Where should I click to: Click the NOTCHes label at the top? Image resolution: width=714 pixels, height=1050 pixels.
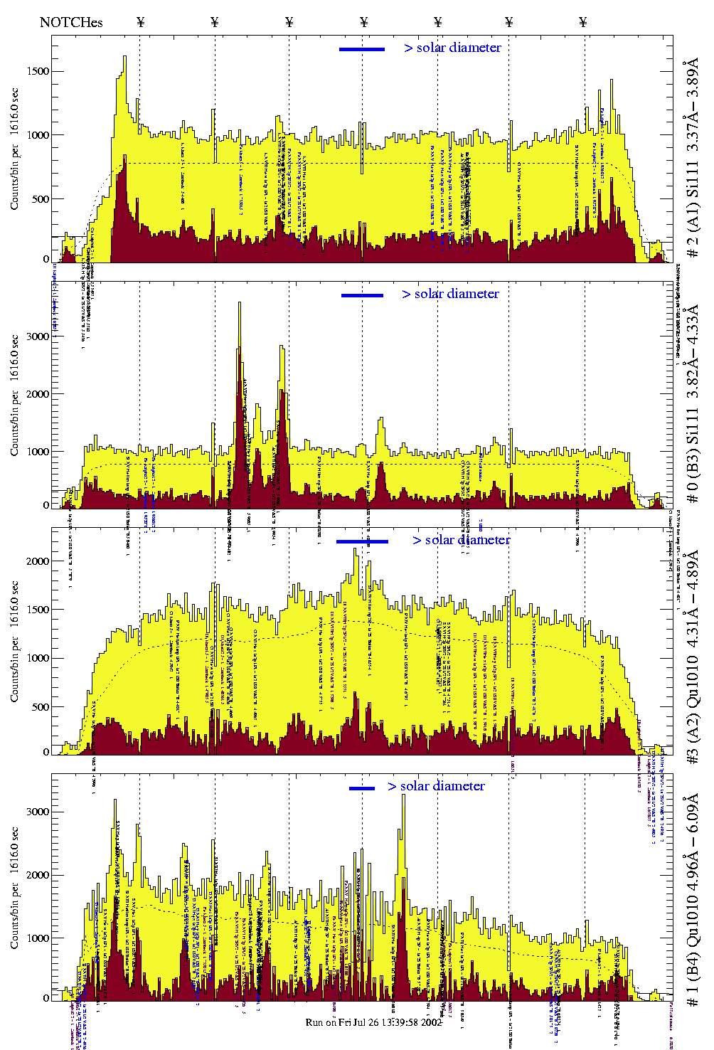point(71,22)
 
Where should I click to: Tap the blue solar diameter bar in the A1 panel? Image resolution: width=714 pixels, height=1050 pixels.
point(362,49)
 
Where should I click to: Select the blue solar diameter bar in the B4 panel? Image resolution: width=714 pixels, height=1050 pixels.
point(362,788)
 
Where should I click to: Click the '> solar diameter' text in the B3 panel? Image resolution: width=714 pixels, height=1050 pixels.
point(450,294)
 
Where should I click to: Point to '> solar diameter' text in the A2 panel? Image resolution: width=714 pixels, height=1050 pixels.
point(461,540)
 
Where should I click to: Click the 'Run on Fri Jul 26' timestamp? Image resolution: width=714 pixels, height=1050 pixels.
point(374,1022)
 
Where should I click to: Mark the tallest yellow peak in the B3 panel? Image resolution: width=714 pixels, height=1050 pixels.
point(240,304)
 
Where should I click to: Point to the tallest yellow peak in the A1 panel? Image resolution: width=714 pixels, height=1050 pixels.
point(124,58)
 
